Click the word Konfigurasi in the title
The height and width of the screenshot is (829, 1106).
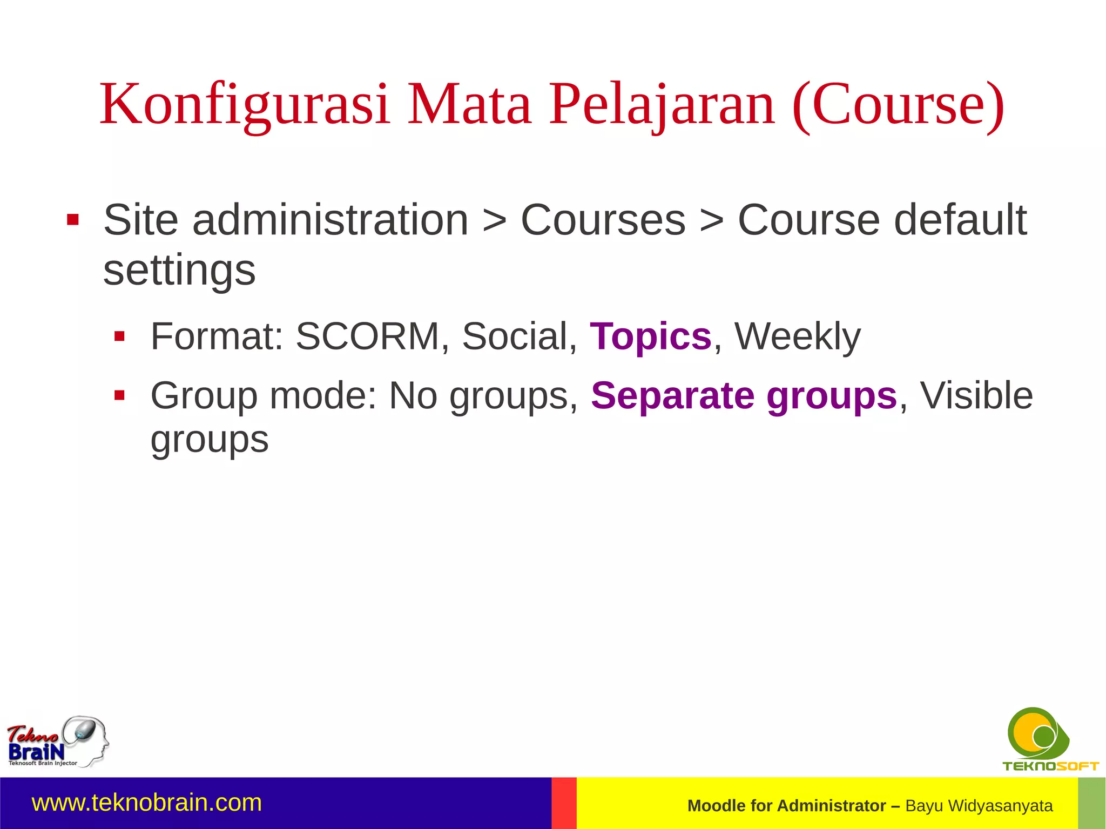(x=244, y=105)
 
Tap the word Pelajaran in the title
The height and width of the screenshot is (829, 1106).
(x=662, y=105)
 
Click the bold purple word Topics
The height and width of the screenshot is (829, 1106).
(x=651, y=336)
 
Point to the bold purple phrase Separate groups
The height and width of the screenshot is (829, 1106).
(x=744, y=396)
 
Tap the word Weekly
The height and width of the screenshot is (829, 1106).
(x=797, y=336)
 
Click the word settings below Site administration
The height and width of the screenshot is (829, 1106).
(x=179, y=271)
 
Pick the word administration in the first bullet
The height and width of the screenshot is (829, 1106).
(x=331, y=220)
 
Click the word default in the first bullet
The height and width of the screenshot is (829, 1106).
(x=960, y=220)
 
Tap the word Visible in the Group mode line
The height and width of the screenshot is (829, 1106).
(x=976, y=396)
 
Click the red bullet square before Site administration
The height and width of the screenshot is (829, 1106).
(x=73, y=220)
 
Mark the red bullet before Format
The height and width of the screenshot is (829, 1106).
(x=119, y=337)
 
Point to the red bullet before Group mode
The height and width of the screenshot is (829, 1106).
(x=119, y=396)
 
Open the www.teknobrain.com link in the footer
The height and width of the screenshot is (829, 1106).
(x=147, y=803)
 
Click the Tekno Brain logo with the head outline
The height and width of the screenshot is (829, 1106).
(x=57, y=742)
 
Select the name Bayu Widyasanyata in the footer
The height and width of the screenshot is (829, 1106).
(x=979, y=806)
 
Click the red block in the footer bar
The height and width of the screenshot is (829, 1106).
(x=564, y=803)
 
